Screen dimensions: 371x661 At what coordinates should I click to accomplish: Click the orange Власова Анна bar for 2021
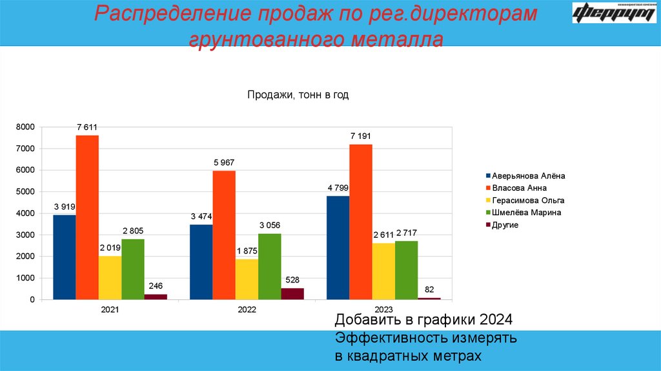click(87, 217)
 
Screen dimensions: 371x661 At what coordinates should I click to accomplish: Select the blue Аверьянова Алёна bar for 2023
click(338, 248)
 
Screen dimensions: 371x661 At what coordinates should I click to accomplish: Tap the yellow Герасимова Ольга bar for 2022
click(247, 279)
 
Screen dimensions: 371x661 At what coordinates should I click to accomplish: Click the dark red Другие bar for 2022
click(292, 293)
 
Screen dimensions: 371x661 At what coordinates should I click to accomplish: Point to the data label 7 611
click(87, 127)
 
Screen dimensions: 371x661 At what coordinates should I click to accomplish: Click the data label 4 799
click(338, 188)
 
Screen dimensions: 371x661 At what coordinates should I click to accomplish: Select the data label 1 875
click(247, 251)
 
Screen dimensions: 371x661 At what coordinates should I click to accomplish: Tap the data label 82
click(429, 289)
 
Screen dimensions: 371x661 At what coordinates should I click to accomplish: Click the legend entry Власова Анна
click(519, 187)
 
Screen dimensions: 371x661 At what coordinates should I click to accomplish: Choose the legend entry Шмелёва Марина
click(526, 212)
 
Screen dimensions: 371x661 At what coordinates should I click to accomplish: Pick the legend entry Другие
click(505, 224)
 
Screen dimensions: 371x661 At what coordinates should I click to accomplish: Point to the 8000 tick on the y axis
click(25, 127)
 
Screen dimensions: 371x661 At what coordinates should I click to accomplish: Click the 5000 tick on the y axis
click(25, 192)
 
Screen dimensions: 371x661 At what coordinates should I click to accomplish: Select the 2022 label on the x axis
click(247, 310)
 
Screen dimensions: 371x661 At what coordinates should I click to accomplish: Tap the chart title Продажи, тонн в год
click(298, 95)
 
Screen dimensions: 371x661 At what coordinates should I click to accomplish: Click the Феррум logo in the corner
click(614, 14)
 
